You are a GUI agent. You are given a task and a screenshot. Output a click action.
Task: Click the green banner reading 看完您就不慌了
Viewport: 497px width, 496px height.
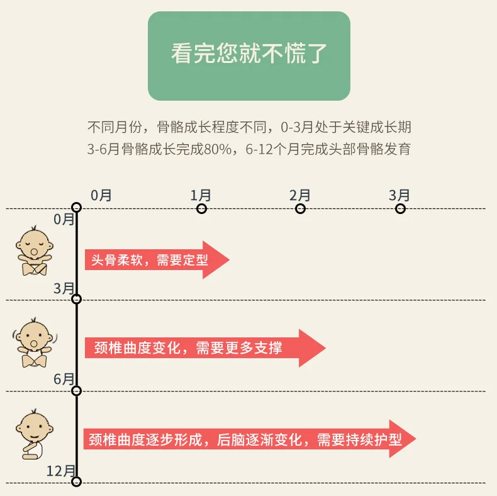point(248,55)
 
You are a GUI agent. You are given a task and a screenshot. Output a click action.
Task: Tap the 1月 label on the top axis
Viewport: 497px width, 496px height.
point(201,195)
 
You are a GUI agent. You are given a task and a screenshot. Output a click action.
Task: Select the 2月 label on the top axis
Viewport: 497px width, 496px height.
point(300,195)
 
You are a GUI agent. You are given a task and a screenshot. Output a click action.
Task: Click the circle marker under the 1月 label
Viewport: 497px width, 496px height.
point(202,208)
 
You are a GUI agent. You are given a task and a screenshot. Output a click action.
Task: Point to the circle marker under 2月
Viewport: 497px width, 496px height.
point(300,208)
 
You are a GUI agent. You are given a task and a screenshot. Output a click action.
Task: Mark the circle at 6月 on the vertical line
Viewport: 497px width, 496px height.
point(77,391)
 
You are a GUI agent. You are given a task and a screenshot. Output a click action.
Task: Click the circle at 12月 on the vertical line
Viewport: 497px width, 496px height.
point(77,482)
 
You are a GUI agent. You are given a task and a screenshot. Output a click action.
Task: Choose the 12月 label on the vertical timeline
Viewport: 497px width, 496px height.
point(61,471)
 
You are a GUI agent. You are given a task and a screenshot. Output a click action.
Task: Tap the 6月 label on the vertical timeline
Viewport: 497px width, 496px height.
point(64,379)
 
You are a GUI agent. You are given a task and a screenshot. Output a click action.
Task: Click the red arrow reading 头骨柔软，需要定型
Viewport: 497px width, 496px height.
point(156,259)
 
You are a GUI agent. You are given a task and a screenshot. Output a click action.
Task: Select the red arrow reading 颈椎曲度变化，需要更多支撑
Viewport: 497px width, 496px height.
point(204,347)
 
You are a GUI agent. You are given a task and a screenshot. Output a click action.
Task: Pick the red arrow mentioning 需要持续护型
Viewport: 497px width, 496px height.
point(248,439)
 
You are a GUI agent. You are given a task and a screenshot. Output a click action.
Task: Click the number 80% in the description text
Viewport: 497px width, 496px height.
point(223,149)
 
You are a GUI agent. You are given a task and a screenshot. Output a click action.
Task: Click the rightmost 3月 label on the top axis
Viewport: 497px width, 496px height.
point(399,195)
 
